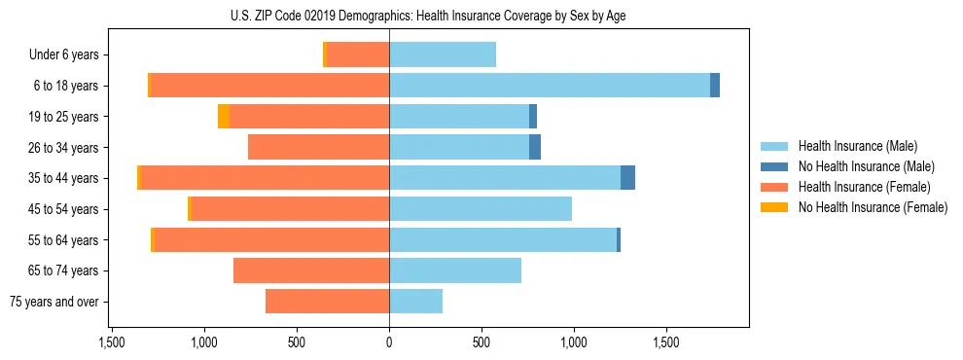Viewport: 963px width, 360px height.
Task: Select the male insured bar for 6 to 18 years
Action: tap(550, 86)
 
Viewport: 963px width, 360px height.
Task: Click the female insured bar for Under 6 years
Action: tap(358, 54)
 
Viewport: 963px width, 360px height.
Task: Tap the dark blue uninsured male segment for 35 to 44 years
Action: tap(627, 178)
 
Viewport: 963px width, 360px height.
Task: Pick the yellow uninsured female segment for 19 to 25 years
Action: tap(224, 117)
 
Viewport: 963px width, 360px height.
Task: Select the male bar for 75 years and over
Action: tap(415, 302)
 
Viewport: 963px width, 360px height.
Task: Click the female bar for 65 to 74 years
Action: tap(311, 270)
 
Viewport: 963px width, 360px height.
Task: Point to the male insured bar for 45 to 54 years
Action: tap(481, 209)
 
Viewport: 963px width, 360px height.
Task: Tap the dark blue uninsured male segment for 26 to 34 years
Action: tap(535, 147)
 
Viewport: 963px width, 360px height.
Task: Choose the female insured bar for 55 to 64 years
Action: tap(272, 239)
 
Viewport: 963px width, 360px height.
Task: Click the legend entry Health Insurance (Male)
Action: tap(857, 146)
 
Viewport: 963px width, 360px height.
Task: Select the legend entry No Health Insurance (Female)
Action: tap(873, 207)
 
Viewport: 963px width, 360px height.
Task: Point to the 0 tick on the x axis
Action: tap(389, 343)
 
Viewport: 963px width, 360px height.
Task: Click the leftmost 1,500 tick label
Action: tap(112, 343)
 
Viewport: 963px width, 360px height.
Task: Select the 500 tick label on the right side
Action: tap(481, 343)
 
